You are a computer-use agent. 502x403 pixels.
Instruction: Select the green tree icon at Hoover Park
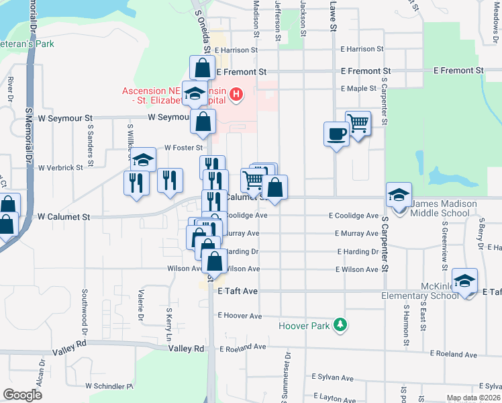(342, 325)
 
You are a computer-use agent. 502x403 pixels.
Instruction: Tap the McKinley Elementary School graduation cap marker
(464, 281)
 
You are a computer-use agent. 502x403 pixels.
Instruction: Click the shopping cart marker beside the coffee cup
(358, 124)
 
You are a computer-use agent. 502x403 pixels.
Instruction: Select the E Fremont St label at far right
(458, 70)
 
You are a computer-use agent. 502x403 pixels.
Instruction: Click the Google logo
(22, 395)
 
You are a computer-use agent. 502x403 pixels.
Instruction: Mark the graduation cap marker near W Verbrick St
(142, 160)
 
